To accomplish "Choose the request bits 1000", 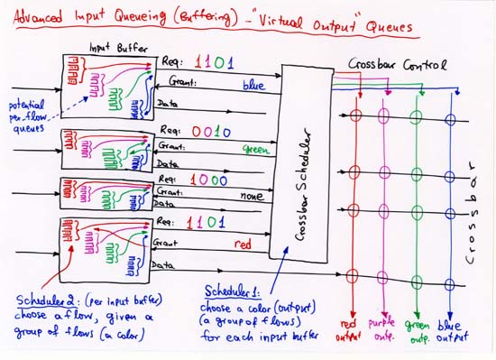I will [x=208, y=180].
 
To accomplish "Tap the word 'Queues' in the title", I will [x=389, y=27].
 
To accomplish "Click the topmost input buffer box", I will [x=106, y=85].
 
